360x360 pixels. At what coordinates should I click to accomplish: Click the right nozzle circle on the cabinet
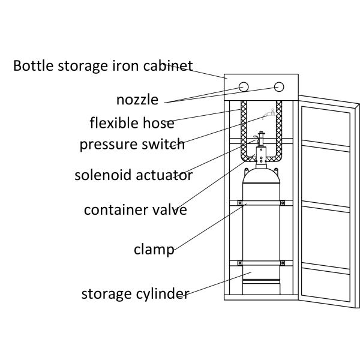point(278,87)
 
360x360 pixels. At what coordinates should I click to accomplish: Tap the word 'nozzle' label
point(137,99)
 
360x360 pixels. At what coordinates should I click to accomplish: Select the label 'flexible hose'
point(132,123)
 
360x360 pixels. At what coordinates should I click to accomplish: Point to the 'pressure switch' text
point(132,145)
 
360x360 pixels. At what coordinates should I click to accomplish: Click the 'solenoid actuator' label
point(133,175)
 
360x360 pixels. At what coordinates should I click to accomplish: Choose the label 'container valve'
point(136,210)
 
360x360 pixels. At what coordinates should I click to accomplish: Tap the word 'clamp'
point(154,249)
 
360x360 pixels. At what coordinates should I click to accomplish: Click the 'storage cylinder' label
point(136,294)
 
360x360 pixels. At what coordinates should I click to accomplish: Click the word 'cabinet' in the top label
point(170,65)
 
